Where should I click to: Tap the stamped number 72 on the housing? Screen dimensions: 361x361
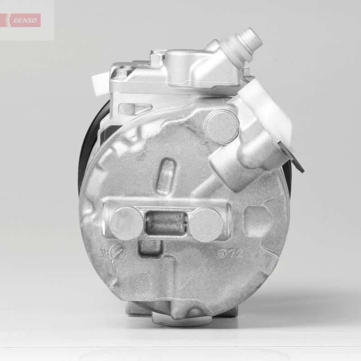234,254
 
